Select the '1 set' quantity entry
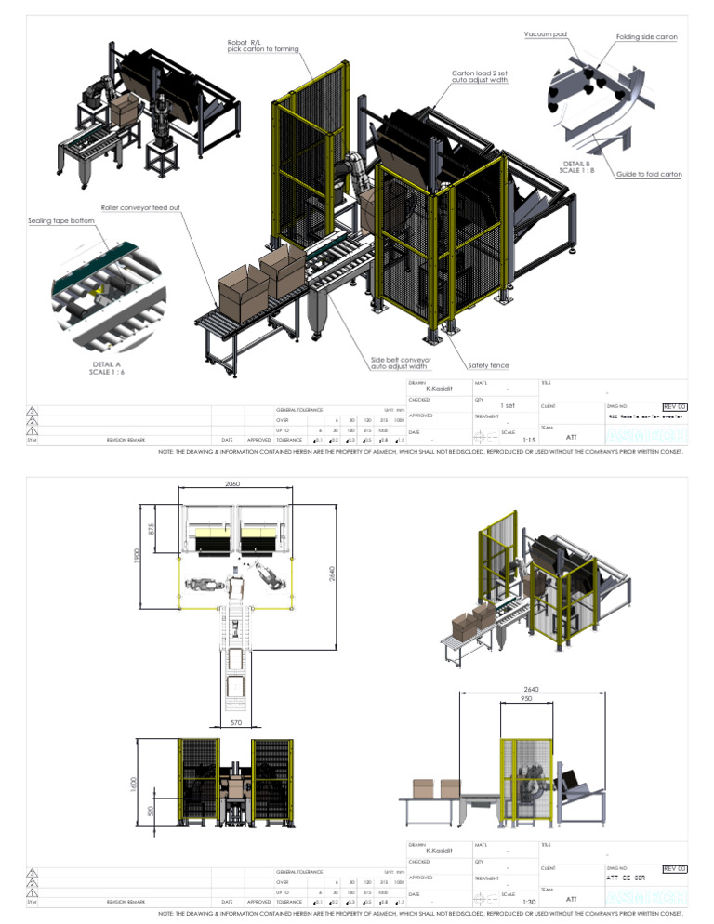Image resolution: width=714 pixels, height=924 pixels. pos(508,405)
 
